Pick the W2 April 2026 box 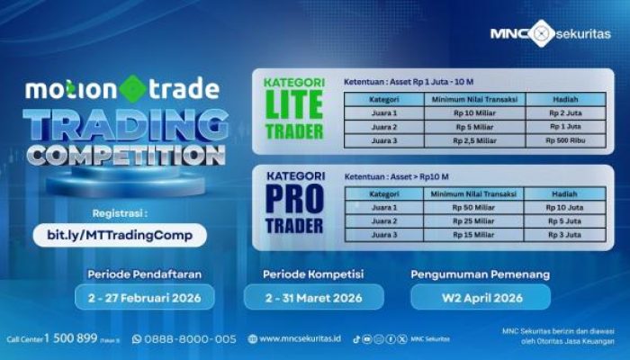(x=479, y=297)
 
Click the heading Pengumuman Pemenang (x=480, y=273)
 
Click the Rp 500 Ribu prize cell (x=564, y=140)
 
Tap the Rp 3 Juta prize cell (x=564, y=235)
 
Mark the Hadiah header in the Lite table (x=564, y=99)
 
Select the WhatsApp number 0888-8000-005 (x=190, y=338)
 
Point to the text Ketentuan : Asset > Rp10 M (x=396, y=176)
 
